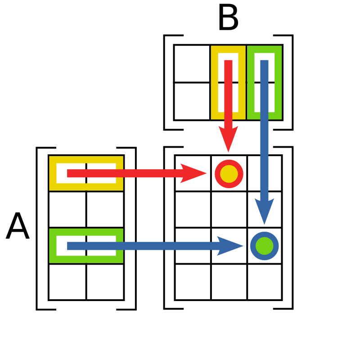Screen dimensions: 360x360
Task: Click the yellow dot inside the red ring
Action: click(229, 174)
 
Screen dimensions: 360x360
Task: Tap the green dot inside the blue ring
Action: click(265, 246)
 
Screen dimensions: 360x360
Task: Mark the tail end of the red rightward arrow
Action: click(69, 173)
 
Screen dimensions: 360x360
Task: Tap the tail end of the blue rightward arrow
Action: click(69, 246)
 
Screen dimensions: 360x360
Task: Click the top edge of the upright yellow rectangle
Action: click(228, 49)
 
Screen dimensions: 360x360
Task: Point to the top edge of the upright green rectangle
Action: click(264, 49)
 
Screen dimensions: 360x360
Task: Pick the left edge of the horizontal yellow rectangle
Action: click(53, 173)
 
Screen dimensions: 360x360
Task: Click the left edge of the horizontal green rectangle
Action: click(53, 246)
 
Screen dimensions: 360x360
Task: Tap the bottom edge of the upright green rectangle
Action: click(264, 116)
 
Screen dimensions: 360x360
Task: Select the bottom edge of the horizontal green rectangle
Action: click(86, 259)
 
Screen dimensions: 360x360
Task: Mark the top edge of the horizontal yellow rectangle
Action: click(86, 160)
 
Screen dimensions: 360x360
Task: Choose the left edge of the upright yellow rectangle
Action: click(215, 82)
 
